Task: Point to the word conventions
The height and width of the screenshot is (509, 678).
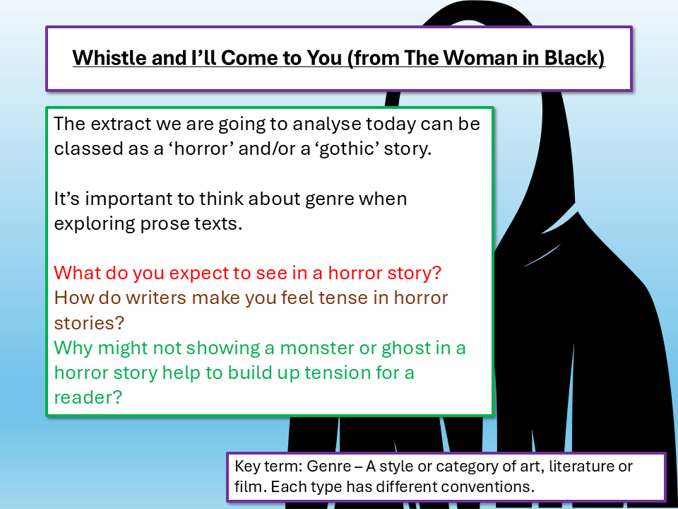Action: point(491,487)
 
